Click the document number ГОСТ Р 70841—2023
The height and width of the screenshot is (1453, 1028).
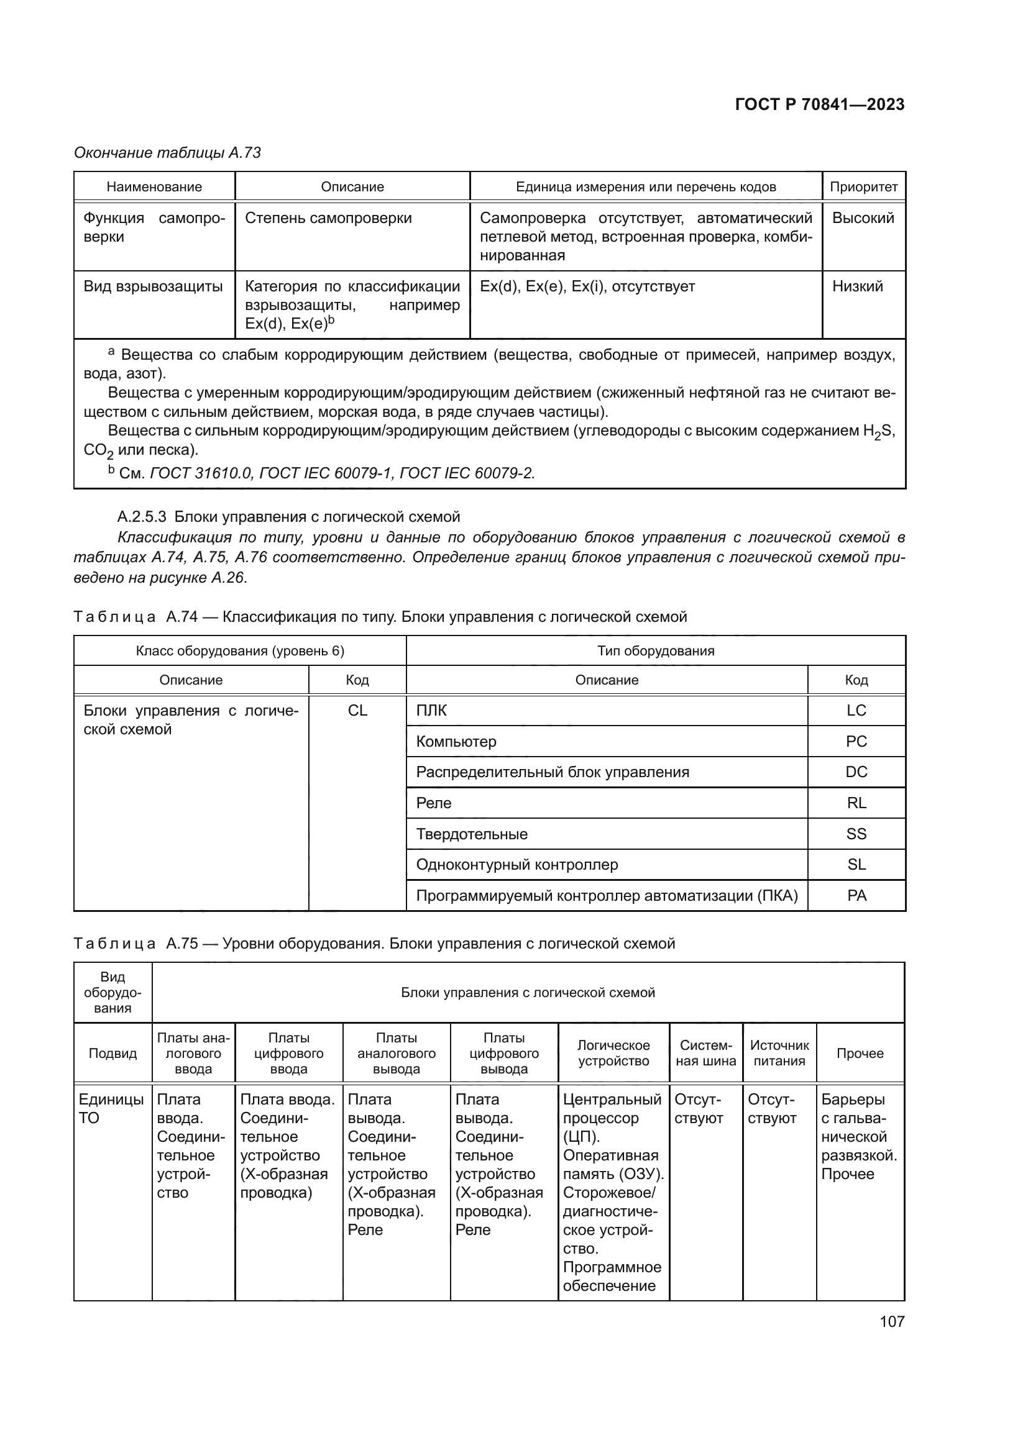click(819, 104)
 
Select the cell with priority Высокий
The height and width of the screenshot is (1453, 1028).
click(863, 218)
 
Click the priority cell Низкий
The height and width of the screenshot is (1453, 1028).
click(857, 286)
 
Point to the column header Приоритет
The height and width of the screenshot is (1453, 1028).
click(863, 187)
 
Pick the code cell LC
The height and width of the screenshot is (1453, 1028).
click(856, 711)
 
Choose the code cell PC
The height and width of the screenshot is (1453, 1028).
click(856, 742)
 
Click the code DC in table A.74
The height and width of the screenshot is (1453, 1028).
click(856, 772)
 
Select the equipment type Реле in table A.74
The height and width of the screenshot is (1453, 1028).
click(434, 803)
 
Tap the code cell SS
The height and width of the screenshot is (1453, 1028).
click(856, 834)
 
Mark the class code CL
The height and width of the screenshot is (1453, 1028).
click(357, 711)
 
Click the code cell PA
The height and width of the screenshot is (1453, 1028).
click(856, 896)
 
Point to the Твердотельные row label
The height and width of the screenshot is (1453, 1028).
click(472, 834)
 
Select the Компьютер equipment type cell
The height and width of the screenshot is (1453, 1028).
click(456, 742)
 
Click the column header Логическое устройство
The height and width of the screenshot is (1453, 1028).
click(613, 1053)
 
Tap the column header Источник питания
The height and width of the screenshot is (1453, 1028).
click(779, 1053)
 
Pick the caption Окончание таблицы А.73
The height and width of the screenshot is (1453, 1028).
click(167, 153)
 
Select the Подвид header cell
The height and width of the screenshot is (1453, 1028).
click(112, 1053)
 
